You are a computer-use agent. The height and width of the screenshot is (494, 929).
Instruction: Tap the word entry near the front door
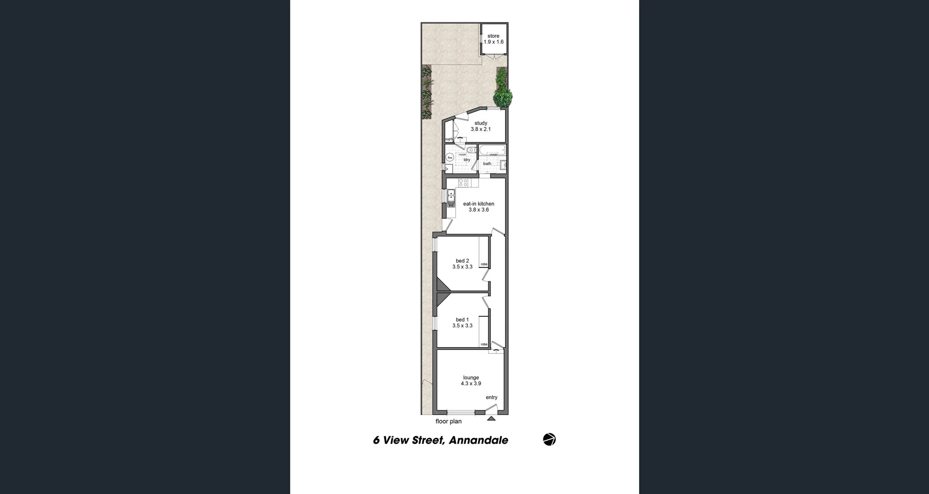click(492, 397)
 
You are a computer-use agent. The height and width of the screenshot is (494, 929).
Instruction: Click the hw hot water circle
click(450, 157)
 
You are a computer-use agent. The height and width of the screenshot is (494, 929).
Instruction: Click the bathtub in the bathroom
click(492, 150)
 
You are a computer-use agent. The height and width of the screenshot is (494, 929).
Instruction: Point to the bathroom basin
click(503, 165)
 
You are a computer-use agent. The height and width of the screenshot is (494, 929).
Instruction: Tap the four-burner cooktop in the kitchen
click(463, 183)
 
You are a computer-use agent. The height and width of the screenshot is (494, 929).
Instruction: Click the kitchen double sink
click(451, 198)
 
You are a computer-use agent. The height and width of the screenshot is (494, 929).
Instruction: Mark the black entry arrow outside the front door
click(491, 418)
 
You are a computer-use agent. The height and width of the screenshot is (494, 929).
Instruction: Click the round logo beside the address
click(549, 439)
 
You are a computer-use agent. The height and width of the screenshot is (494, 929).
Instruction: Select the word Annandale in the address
click(479, 440)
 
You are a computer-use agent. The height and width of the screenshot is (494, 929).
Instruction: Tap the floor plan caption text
click(449, 421)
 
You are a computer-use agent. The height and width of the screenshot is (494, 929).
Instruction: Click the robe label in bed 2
click(484, 264)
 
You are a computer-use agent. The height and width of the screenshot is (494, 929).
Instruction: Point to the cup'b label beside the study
click(449, 139)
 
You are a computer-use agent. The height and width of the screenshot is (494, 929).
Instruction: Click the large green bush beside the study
click(503, 96)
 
